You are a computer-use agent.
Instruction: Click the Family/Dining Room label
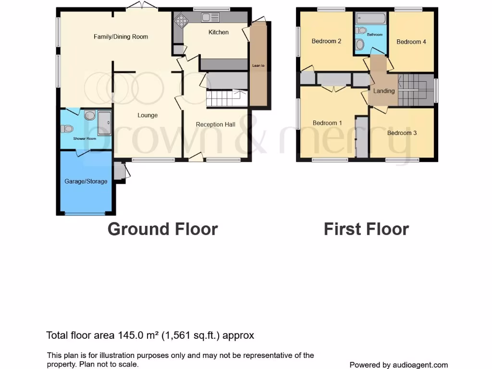(x=121, y=37)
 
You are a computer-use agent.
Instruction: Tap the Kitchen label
(x=218, y=32)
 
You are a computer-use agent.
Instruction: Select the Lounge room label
(x=148, y=115)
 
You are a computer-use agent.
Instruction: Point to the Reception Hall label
(x=216, y=124)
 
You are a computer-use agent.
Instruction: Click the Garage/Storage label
(x=86, y=181)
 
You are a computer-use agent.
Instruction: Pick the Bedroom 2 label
(x=326, y=41)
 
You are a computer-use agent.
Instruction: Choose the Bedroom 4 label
(x=411, y=42)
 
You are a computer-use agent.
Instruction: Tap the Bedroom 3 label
(x=402, y=133)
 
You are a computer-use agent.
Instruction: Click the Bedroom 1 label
(x=327, y=123)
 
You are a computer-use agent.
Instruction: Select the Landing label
(x=384, y=91)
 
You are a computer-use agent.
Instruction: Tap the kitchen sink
(x=210, y=18)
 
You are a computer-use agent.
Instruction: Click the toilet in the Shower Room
(x=67, y=128)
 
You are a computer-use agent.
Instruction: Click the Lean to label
(x=258, y=65)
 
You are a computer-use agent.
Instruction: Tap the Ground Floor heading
(x=162, y=229)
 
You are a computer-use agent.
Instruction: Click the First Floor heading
(x=366, y=229)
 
